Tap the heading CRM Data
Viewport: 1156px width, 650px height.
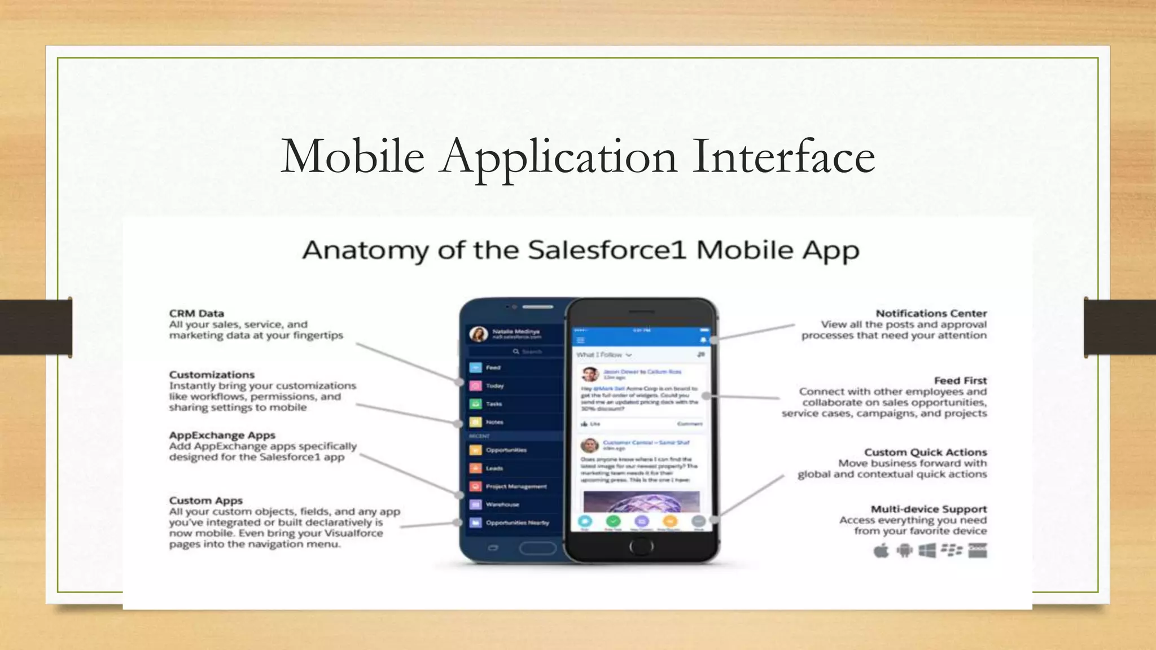(196, 313)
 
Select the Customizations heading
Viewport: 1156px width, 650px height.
(212, 375)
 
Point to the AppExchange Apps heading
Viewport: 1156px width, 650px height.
(222, 435)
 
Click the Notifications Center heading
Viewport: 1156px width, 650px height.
(931, 313)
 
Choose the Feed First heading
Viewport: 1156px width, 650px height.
(960, 380)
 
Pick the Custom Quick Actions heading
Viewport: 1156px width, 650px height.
(925, 452)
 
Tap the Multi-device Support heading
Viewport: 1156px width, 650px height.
(929, 509)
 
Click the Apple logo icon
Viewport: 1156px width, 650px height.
(881, 550)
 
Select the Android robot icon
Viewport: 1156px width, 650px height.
(904, 550)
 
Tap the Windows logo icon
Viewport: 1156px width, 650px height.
(927, 550)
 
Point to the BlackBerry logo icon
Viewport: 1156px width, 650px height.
(952, 550)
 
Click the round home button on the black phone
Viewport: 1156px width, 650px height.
(641, 546)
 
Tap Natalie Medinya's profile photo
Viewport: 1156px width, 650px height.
(479, 334)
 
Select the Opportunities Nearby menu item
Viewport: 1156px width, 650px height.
(517, 522)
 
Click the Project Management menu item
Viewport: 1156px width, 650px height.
(516, 486)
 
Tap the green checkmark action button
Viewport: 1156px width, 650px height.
(613, 521)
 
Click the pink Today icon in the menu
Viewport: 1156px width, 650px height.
(476, 386)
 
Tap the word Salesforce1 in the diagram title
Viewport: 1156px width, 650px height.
(607, 250)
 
